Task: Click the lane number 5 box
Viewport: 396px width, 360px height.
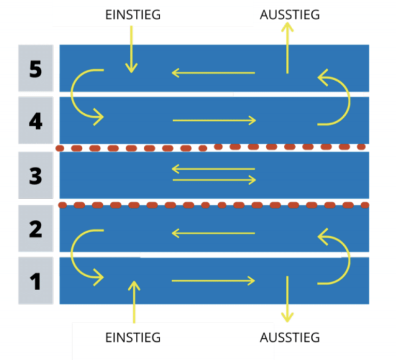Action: [36, 68]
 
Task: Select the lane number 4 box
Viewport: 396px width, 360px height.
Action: [36, 120]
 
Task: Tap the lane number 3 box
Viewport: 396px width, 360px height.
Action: [36, 175]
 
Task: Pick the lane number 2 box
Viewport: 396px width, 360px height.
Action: [36, 229]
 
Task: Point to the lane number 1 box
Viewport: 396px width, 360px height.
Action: [36, 281]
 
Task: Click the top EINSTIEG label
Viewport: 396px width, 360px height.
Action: [133, 15]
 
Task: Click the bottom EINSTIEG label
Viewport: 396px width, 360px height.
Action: [133, 338]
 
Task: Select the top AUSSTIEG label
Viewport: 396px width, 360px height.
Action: [290, 15]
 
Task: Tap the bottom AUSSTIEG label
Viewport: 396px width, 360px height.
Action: [290, 338]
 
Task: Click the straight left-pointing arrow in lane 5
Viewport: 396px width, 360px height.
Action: [214, 73]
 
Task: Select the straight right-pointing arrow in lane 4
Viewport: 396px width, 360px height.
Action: [215, 121]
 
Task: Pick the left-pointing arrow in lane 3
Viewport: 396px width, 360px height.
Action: [214, 169]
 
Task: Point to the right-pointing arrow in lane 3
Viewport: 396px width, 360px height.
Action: [215, 180]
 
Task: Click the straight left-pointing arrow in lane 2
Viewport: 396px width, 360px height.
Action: [214, 233]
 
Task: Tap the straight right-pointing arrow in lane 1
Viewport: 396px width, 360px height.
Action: [214, 281]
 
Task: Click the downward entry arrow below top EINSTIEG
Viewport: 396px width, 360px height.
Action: [131, 50]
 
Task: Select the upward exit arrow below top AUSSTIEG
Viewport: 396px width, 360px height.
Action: [287, 48]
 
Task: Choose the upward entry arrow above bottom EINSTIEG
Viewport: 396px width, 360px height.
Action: [134, 302]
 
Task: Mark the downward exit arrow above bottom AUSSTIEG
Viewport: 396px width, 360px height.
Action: [287, 299]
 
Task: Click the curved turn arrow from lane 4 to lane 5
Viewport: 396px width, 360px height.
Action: [350, 101]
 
